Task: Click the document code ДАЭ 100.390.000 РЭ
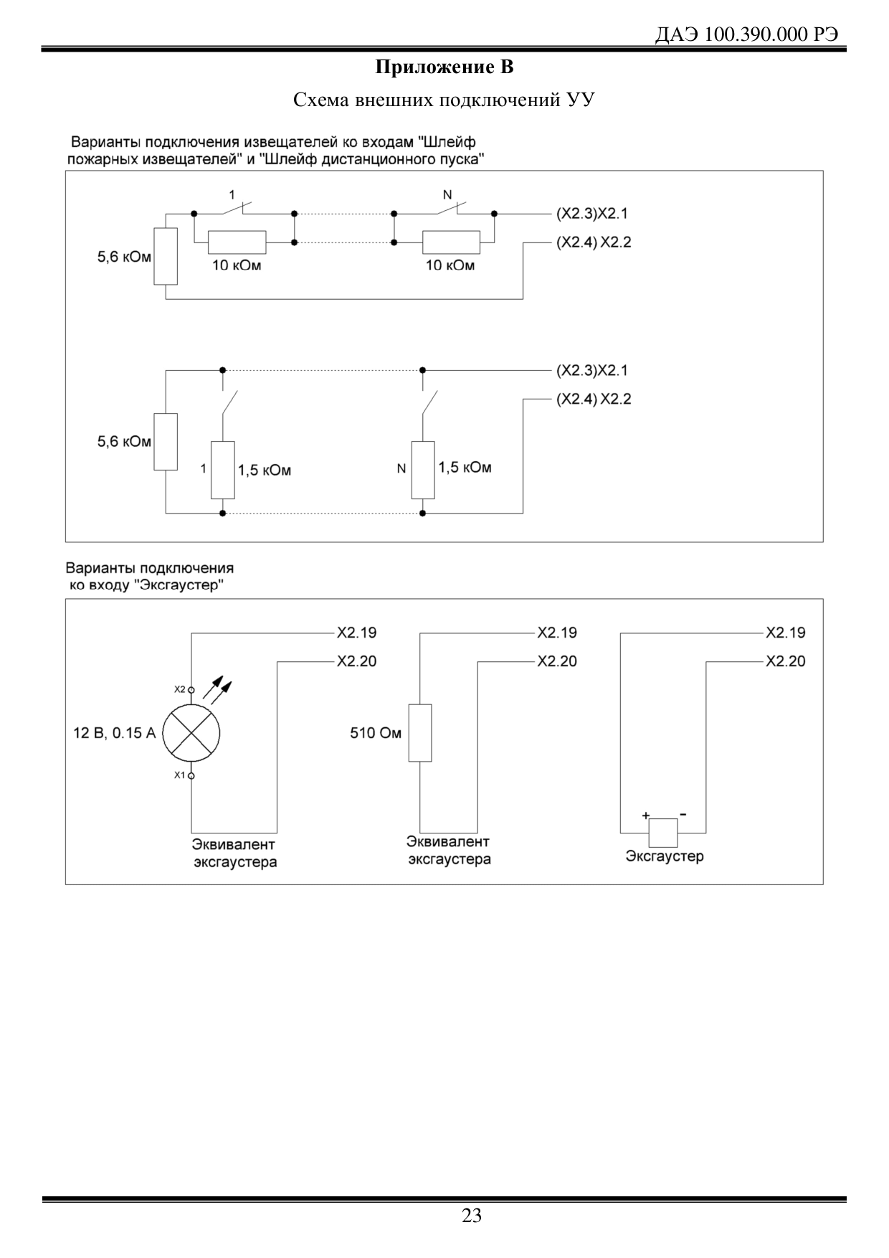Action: [747, 34]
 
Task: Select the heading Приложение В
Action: [444, 68]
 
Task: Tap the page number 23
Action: [472, 1216]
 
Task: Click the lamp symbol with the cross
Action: [191, 733]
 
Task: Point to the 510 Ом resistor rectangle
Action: [420, 732]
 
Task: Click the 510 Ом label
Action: [376, 733]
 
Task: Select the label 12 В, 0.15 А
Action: [114, 733]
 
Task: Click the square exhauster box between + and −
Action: [663, 833]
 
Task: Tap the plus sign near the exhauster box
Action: [645, 815]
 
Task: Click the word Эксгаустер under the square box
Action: [665, 856]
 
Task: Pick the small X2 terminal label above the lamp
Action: [180, 689]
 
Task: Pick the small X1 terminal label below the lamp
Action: [180, 775]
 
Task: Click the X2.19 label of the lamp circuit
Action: [357, 633]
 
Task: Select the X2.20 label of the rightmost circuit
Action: [786, 661]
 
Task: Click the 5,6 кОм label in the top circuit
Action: [124, 257]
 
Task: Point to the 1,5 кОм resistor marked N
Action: [423, 470]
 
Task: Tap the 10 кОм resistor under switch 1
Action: [237, 242]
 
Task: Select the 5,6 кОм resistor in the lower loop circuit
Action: [166, 441]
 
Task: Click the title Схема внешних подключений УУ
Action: [444, 100]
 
